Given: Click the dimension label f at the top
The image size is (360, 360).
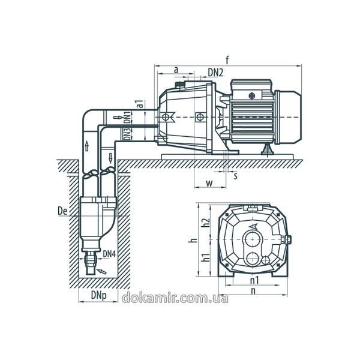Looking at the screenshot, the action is pyautogui.click(x=227, y=60).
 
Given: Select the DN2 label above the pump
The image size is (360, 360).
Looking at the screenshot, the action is pyautogui.click(x=215, y=73).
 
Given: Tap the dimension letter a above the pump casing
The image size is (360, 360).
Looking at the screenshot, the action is pyautogui.click(x=176, y=70).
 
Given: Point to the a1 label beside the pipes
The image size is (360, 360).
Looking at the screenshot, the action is pyautogui.click(x=140, y=104).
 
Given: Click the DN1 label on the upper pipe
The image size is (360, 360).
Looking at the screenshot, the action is pyautogui.click(x=127, y=118).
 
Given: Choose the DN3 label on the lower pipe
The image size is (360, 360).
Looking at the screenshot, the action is pyautogui.click(x=127, y=134).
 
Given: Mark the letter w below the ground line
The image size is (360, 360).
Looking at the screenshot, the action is pyautogui.click(x=209, y=183).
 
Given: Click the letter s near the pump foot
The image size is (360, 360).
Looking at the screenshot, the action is pyautogui.click(x=236, y=176).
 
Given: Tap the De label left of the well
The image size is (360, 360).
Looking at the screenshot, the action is pyautogui.click(x=62, y=211).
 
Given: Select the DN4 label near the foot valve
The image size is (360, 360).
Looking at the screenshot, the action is pyautogui.click(x=109, y=254).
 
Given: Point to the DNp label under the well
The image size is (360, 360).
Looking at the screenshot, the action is pyautogui.click(x=99, y=295).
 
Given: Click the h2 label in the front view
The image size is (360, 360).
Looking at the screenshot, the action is pyautogui.click(x=206, y=222).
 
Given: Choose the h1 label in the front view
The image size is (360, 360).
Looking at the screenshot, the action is pyautogui.click(x=206, y=257).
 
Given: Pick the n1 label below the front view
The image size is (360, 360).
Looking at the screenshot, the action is pyautogui.click(x=254, y=280).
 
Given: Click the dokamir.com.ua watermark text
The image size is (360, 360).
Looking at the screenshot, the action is pyautogui.click(x=175, y=298).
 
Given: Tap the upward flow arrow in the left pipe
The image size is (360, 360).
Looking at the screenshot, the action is pyautogui.click(x=87, y=146).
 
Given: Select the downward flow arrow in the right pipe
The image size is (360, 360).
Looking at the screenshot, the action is pyautogui.click(x=110, y=158).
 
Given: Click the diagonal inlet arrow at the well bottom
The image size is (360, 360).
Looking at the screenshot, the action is pyautogui.click(x=101, y=271).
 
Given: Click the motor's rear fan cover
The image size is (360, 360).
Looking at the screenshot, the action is pyautogui.click(x=289, y=117).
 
